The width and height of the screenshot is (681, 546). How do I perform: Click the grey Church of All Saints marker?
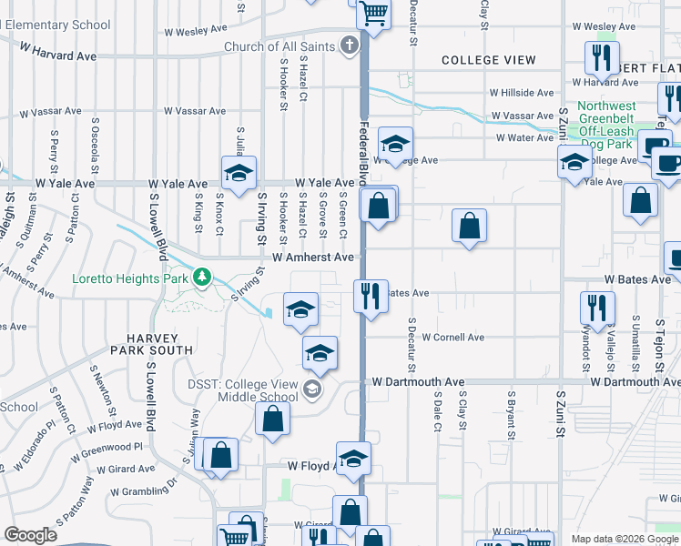[x=348, y=45]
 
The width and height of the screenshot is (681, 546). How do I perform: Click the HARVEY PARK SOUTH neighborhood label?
[x=151, y=342]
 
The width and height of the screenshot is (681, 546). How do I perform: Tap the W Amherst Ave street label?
[x=313, y=258]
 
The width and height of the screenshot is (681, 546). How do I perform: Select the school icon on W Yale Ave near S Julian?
[x=239, y=173]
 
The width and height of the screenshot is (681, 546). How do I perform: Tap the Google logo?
[x=30, y=535]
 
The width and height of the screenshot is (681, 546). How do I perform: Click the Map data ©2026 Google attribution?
[x=625, y=539]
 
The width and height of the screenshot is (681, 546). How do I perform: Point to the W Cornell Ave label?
[x=452, y=337]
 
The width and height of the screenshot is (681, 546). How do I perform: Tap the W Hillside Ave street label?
[x=522, y=93]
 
